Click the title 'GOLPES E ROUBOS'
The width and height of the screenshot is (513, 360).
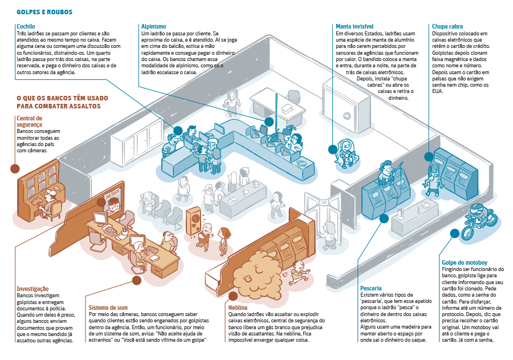pyautogui.click(x=44, y=11)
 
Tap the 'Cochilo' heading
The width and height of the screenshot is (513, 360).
pyautogui.click(x=26, y=26)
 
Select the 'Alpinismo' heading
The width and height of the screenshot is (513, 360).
pyautogui.click(x=153, y=26)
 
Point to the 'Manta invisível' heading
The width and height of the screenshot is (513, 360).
pyautogui.click(x=355, y=26)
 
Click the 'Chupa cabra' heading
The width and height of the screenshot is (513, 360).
pyautogui.click(x=447, y=26)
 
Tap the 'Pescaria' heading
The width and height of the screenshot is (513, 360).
pyautogui.click(x=371, y=288)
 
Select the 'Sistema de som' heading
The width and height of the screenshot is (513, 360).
pyautogui.click(x=108, y=306)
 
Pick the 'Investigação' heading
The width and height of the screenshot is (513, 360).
pyautogui.click(x=32, y=289)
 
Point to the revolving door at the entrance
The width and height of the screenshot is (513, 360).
pyautogui.click(x=325, y=217)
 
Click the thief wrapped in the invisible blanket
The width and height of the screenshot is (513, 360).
pyautogui.click(x=346, y=151)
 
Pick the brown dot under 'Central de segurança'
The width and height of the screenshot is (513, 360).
pyautogui.click(x=14, y=168)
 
